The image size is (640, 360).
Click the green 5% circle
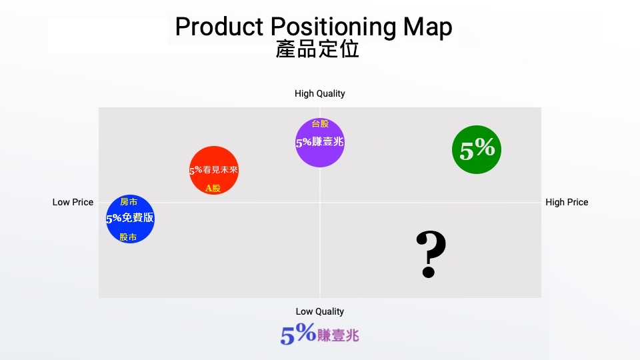[477, 151]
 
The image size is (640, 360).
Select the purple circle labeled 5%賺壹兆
[320, 142]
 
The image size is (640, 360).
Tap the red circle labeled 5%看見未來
[214, 171]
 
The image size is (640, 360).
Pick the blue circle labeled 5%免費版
[130, 219]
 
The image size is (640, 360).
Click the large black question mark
[430, 255]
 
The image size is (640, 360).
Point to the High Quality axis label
[320, 94]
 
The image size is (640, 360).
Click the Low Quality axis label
[320, 311]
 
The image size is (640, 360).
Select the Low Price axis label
[73, 202]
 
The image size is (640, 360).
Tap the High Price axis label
[567, 202]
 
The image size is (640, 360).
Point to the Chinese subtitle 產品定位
[317, 49]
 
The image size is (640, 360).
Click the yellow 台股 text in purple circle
[320, 123]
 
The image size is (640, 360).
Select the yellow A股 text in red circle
[213, 188]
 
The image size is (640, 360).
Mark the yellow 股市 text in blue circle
[129, 237]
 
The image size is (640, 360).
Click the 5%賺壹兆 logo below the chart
[320, 335]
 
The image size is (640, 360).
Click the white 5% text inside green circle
[477, 149]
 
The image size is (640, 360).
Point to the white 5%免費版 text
[130, 218]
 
